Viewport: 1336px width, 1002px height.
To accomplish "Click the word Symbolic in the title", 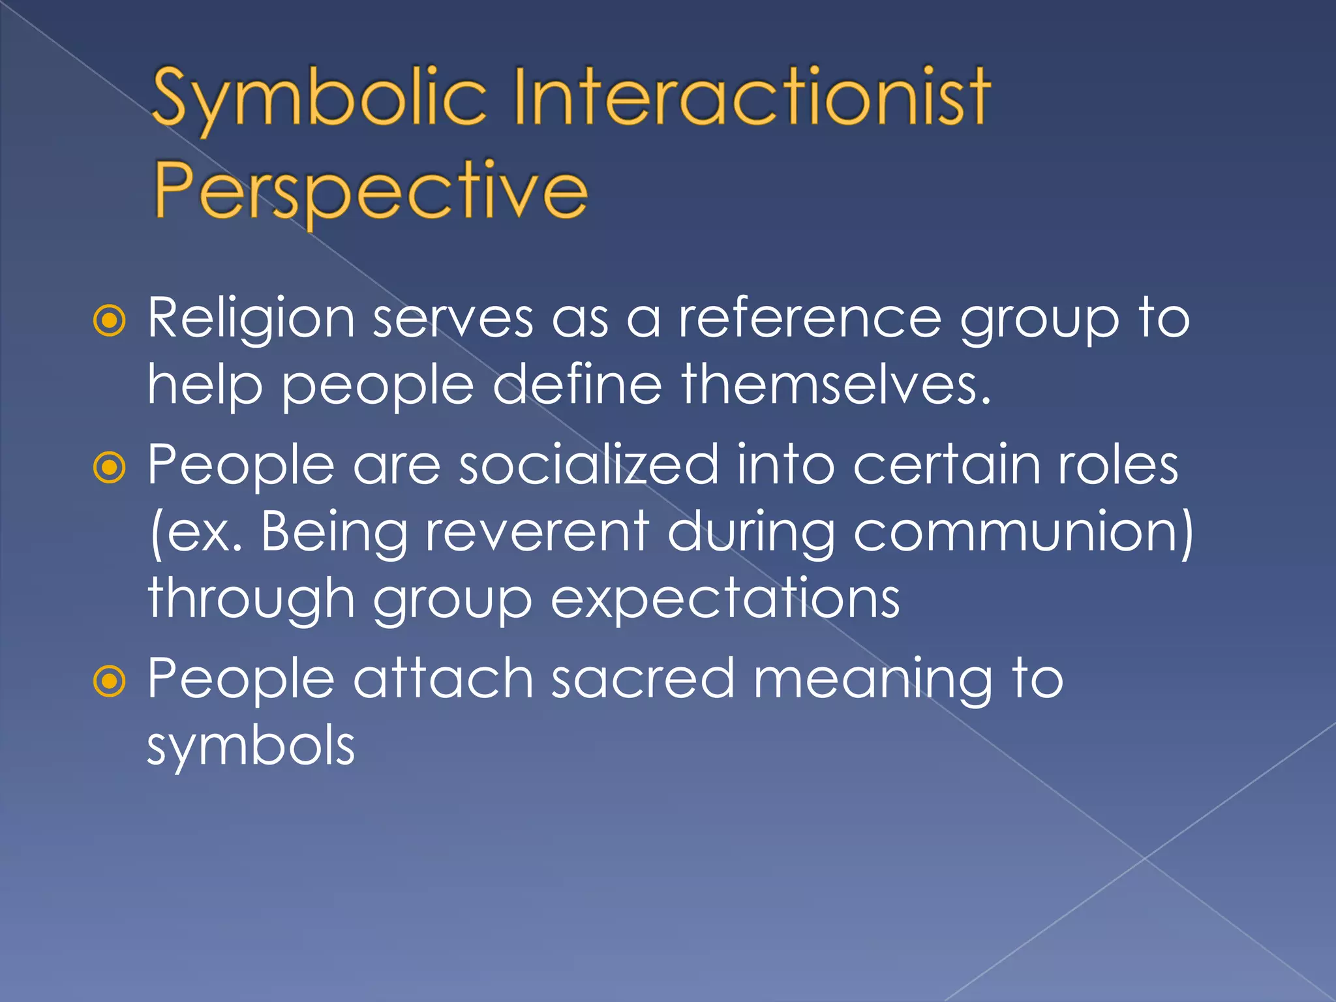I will [319, 98].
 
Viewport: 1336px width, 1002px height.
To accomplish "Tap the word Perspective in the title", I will [371, 191].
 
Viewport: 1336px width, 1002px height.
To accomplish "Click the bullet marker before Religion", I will [109, 320].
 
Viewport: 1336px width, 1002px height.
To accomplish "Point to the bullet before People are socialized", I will [109, 467].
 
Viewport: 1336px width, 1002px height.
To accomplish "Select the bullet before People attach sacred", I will [109, 681].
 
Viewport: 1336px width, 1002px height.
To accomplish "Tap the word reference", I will [810, 318].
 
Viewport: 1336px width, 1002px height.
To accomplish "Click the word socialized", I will [588, 465].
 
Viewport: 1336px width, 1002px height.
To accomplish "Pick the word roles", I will [1117, 465].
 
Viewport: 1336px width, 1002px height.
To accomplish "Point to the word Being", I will [334, 534].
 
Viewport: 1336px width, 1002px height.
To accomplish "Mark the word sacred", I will [643, 679].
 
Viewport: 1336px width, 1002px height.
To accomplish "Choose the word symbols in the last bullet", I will [251, 747].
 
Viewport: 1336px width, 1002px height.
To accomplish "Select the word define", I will [577, 385].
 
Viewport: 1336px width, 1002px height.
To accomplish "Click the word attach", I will [444, 679].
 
